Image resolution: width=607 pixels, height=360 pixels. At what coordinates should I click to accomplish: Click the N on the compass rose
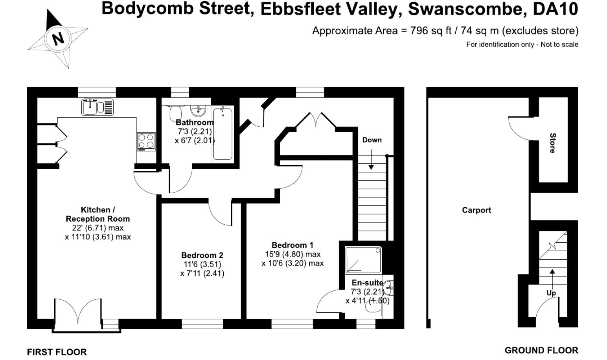[x=58, y=39]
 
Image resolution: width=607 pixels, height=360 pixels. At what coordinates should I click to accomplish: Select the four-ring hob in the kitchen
[x=146, y=142]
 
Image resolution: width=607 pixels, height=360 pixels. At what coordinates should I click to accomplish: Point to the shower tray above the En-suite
[x=363, y=260]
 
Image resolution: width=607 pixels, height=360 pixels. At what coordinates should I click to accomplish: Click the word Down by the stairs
[x=372, y=140]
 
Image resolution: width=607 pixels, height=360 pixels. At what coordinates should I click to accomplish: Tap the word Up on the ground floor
[x=551, y=293]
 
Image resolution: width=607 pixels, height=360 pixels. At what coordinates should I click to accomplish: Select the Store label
[x=552, y=143]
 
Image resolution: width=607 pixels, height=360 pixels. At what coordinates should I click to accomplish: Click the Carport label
[x=476, y=210]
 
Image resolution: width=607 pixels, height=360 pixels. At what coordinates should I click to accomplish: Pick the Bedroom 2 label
[x=202, y=255]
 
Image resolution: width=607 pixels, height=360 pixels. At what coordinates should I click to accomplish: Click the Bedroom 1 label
[x=292, y=245]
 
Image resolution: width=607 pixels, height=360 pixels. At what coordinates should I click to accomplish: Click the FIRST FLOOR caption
[x=57, y=352]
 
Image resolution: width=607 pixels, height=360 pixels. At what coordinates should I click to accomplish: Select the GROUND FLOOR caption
[x=541, y=350]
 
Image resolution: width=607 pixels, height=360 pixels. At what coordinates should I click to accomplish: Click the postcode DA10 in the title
[x=555, y=9]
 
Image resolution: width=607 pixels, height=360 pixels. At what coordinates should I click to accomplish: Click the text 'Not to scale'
[x=559, y=44]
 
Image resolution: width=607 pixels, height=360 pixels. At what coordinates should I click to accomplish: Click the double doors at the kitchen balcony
[x=78, y=311]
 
